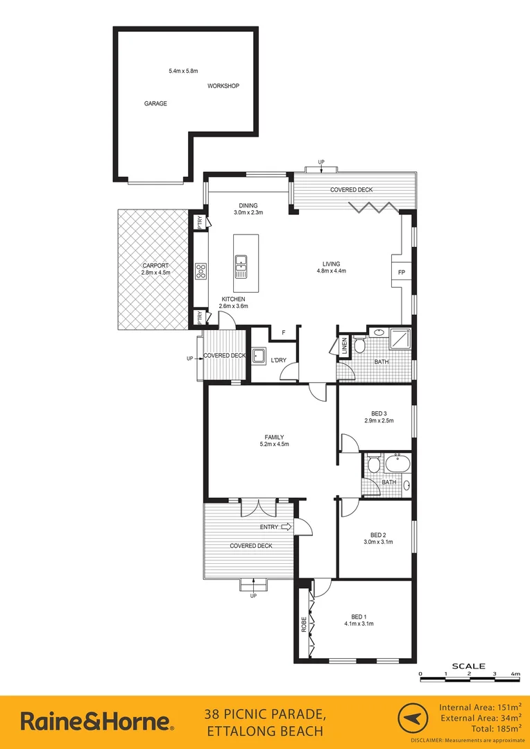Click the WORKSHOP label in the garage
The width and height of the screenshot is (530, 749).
pyautogui.click(x=223, y=86)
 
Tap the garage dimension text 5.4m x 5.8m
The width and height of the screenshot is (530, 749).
pyautogui.click(x=183, y=71)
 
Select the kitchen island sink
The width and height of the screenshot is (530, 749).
pyautogui.click(x=241, y=262)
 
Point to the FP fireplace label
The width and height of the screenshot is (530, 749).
pyautogui.click(x=401, y=273)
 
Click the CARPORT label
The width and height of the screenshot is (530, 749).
pyautogui.click(x=155, y=266)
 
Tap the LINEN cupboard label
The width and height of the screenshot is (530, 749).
pyautogui.click(x=344, y=346)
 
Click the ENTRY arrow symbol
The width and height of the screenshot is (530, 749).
pyautogui.click(x=287, y=527)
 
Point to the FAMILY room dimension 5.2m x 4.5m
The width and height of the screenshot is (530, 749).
pyautogui.click(x=273, y=445)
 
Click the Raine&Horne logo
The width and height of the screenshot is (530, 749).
pyautogui.click(x=97, y=722)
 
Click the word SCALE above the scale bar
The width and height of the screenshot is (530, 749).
pyautogui.click(x=468, y=665)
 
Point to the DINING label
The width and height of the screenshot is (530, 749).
pyautogui.click(x=248, y=205)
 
